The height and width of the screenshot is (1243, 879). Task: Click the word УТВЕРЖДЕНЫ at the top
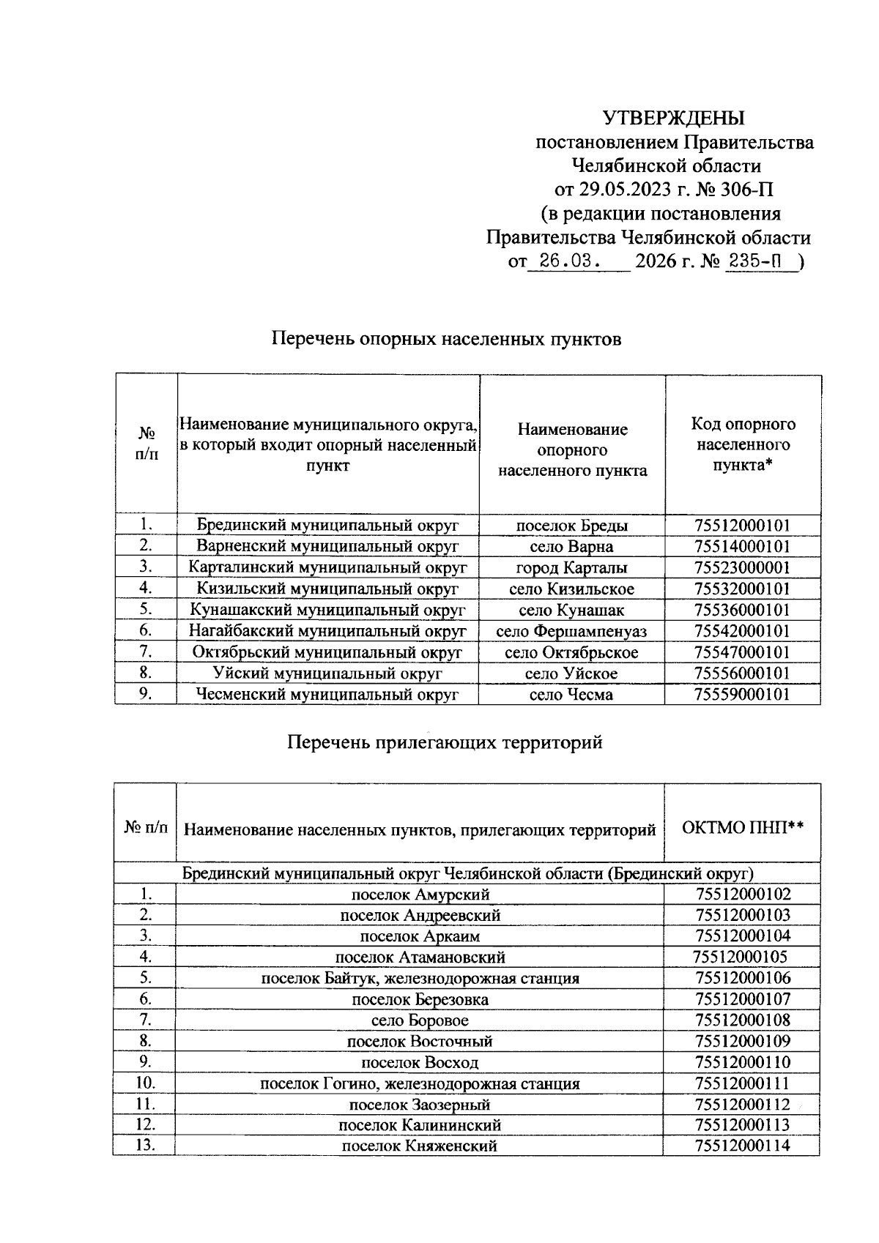(673, 118)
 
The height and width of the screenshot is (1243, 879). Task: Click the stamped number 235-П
(752, 262)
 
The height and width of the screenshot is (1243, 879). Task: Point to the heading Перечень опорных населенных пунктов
(446, 339)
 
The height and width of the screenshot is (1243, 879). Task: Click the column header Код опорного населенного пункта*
(743, 444)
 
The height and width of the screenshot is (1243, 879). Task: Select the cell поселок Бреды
(572, 526)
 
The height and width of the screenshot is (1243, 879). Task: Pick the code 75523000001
(743, 568)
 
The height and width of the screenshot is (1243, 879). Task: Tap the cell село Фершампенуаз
(572, 631)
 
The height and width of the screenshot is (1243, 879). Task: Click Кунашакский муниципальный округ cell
(327, 611)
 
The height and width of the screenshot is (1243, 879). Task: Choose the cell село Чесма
(572, 695)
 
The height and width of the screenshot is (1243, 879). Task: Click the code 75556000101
(743, 673)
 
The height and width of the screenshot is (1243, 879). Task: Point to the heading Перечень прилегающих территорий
(445, 742)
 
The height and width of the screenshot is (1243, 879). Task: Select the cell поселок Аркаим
(420, 936)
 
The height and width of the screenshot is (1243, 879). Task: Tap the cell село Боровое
(420, 1020)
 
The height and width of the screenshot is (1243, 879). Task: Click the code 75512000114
(743, 1146)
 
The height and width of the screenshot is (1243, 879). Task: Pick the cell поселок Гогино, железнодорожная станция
(420, 1083)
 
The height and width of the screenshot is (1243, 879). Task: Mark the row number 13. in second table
(145, 1146)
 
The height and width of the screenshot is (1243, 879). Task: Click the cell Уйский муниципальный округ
(327, 673)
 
